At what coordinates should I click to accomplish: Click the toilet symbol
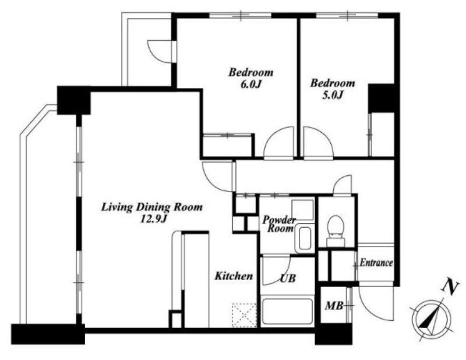(336, 230)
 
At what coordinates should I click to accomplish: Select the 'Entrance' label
(376, 263)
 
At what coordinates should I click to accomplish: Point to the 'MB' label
(334, 305)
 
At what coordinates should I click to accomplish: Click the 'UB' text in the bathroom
(288, 278)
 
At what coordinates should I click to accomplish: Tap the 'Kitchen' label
(234, 276)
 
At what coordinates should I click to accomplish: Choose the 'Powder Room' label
(280, 224)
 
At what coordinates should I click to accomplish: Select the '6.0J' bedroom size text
(250, 84)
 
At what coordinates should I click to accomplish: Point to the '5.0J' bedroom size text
(333, 95)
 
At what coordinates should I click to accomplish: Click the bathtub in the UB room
(288, 312)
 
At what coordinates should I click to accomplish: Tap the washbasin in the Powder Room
(304, 238)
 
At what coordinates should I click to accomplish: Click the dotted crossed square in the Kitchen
(244, 315)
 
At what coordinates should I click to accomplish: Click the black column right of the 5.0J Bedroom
(382, 98)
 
